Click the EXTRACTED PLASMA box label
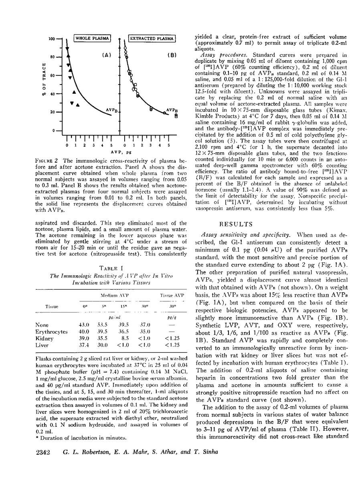click(x=152, y=39)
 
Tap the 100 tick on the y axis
click(x=52, y=39)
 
